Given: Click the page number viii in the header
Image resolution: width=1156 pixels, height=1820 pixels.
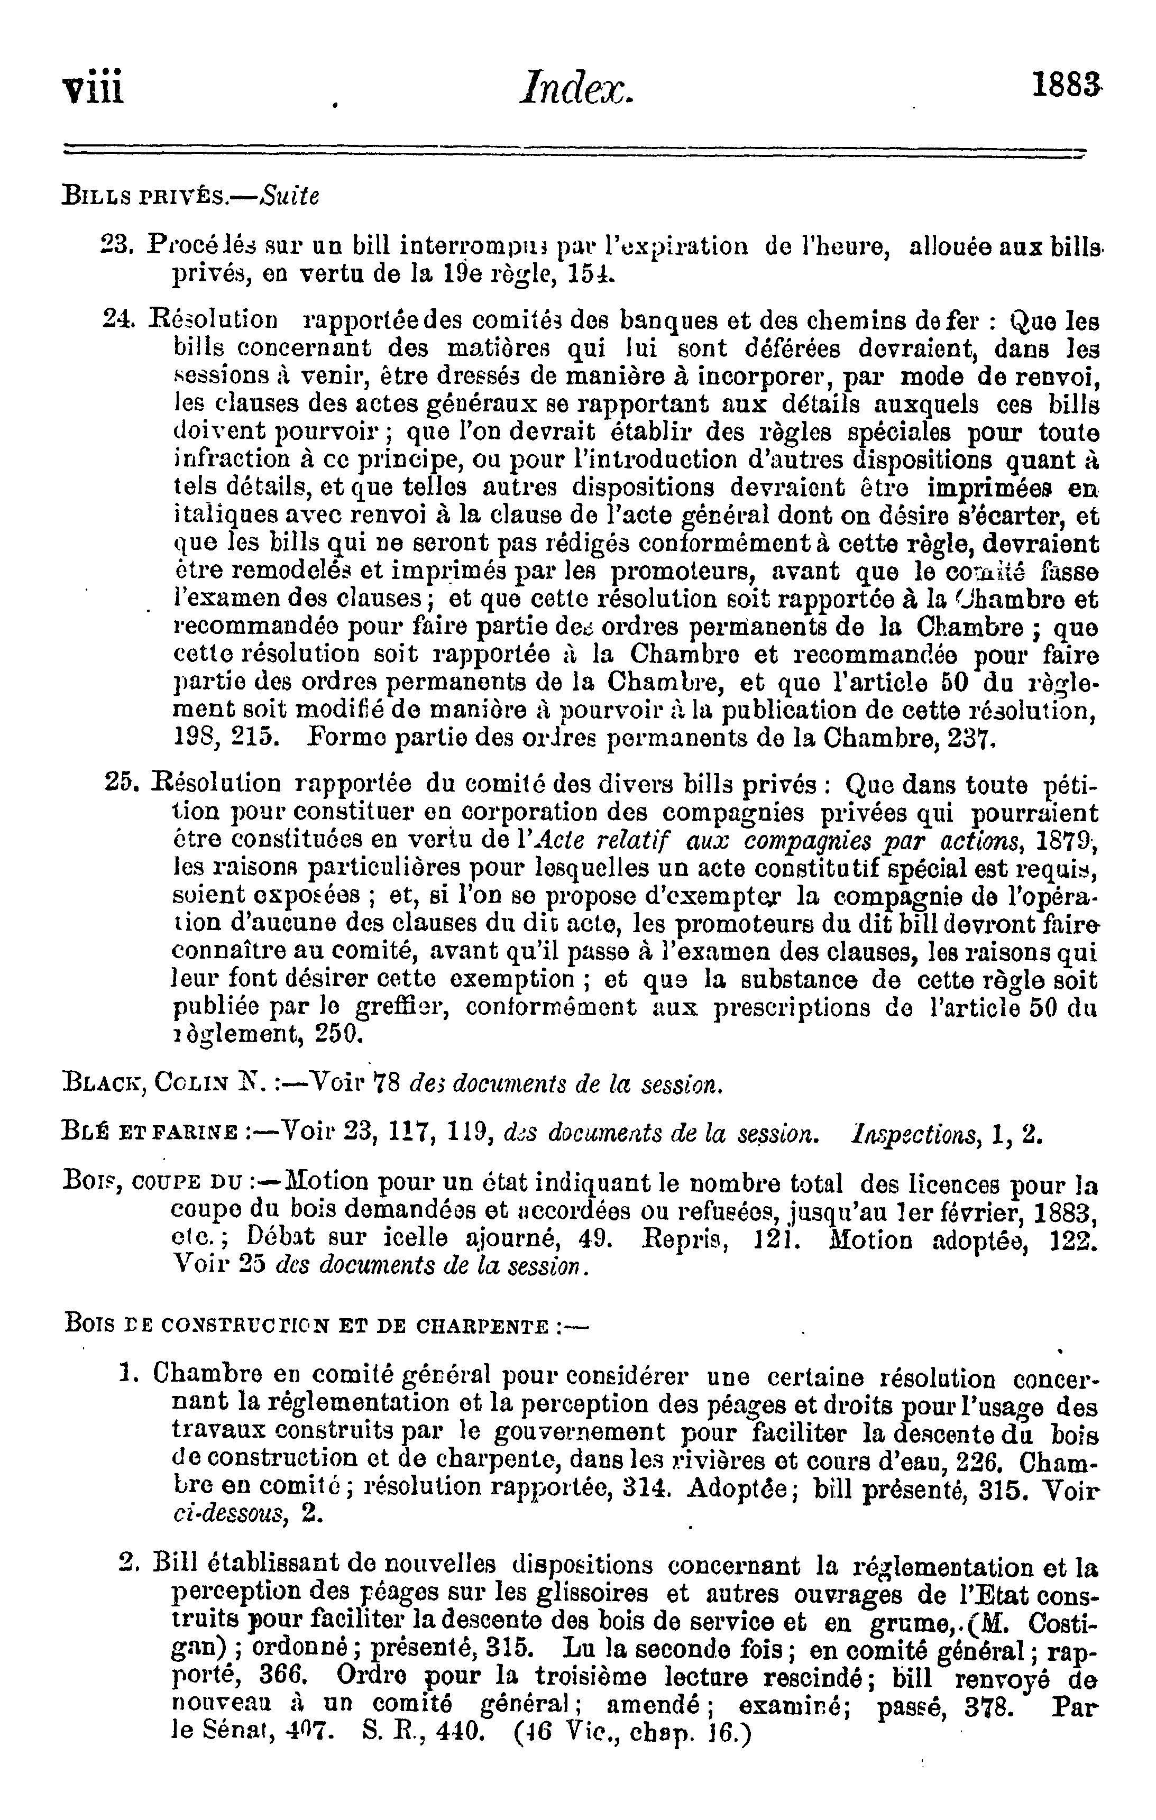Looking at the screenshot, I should pyautogui.click(x=94, y=88).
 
